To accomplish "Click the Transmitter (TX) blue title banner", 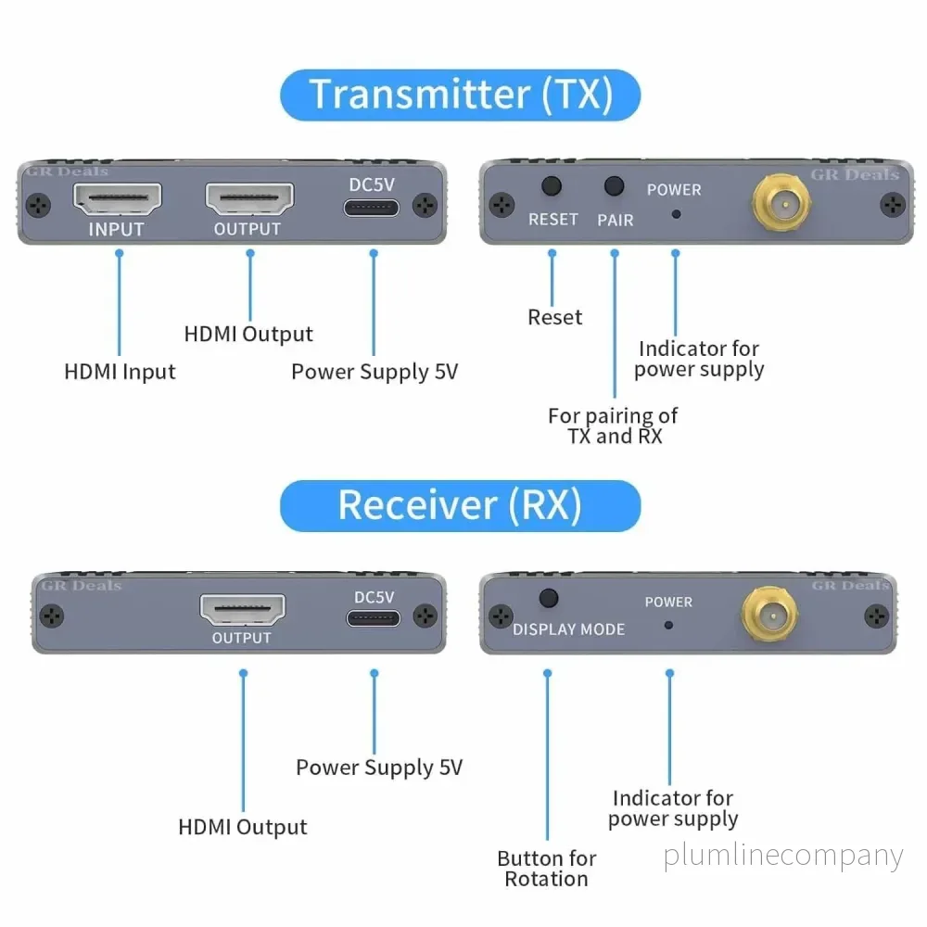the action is point(460,95).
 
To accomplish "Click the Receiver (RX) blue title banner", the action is point(460,506).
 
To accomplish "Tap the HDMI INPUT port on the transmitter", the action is point(117,198).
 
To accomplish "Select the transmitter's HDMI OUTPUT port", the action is point(248,198).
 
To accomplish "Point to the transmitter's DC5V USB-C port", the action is point(372,208).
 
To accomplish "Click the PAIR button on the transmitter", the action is point(615,186).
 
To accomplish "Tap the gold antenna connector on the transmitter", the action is point(781,202).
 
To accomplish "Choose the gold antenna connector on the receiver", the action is point(770,615).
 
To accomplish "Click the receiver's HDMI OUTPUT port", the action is point(242,610).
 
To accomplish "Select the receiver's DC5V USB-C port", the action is point(373,618).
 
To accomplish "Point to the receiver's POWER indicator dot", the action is point(668,625).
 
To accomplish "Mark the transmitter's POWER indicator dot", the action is point(677,214).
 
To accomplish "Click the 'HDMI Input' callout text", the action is point(120,373).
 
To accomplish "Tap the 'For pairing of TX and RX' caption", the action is point(613,425).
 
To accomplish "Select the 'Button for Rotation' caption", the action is point(547,869).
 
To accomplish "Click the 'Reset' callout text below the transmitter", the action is point(555,317).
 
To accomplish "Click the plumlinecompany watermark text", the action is point(783,857).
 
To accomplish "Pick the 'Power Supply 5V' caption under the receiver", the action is point(379,768).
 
